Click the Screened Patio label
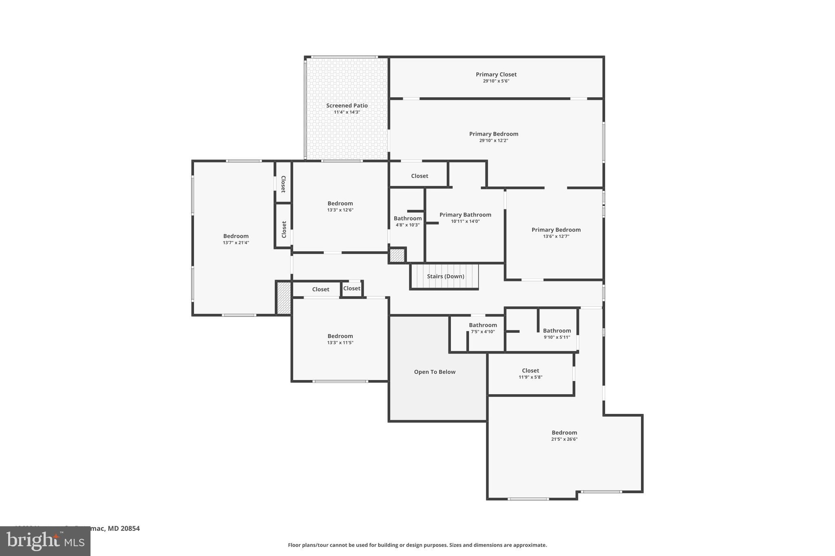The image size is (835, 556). [347, 105]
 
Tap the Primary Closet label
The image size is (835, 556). [496, 75]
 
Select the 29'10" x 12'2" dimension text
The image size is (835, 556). [493, 141]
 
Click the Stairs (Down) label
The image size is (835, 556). [445, 276]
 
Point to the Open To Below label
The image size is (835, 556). [435, 372]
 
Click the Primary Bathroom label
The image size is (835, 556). [465, 215]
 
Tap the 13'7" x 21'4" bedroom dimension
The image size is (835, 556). [236, 243]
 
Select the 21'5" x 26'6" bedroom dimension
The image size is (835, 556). [564, 439]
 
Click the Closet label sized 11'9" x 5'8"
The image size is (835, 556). [530, 371]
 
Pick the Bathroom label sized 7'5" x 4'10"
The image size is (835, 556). [483, 325]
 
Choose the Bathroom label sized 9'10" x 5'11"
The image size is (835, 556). [557, 331]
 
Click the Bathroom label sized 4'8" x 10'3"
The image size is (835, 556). [407, 218]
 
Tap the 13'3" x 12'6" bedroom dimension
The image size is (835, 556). [340, 210]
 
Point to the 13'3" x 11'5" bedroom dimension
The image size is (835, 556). [340, 343]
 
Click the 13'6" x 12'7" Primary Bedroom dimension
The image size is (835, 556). [556, 236]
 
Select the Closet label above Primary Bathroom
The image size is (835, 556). [419, 176]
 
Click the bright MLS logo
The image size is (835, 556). [45, 541]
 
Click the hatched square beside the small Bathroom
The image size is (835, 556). [397, 255]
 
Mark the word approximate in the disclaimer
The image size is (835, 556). [530, 545]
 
